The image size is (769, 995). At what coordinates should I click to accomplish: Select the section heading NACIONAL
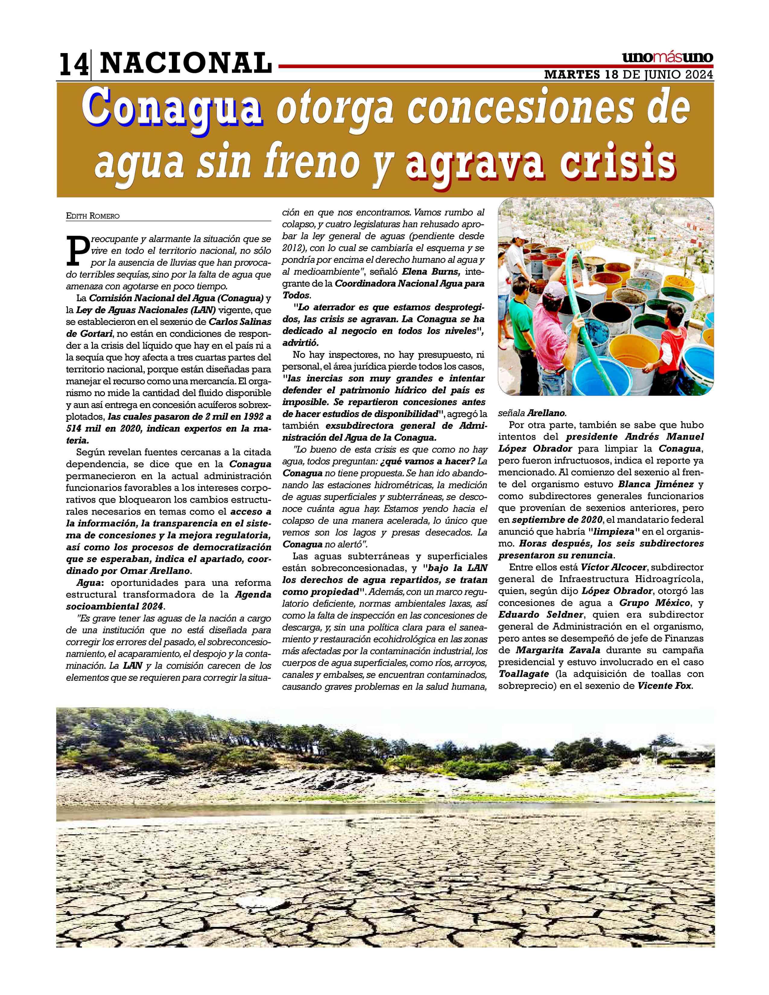click(185, 63)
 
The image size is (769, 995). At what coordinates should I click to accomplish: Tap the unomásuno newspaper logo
click(667, 58)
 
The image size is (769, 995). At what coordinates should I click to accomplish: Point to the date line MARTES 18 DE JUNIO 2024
click(629, 75)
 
